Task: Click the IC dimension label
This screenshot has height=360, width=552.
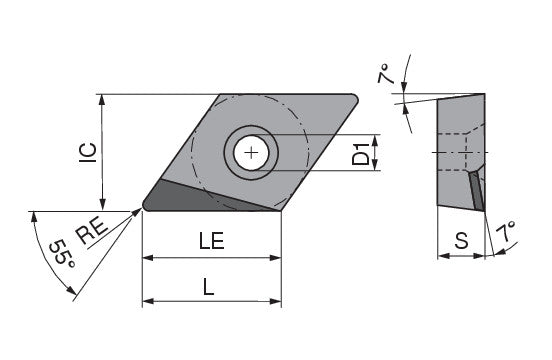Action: tap(88, 153)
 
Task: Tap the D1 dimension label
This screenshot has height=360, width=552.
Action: tap(361, 154)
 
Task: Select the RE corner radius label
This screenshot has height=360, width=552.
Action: tap(92, 231)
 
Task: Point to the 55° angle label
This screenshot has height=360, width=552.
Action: tap(63, 254)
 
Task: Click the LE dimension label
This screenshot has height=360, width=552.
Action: tap(212, 241)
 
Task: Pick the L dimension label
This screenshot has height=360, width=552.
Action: tap(208, 286)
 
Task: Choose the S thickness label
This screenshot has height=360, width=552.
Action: tap(461, 241)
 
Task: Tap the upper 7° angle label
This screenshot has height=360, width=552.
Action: tap(385, 74)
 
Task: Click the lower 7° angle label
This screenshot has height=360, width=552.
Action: tap(507, 231)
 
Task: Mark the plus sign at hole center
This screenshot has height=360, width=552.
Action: tap(251, 153)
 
